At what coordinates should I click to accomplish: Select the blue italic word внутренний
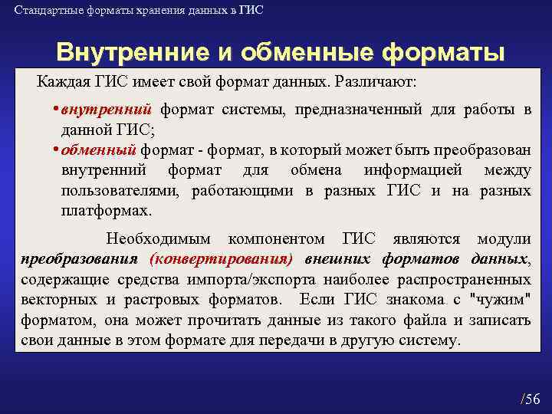[x=107, y=109]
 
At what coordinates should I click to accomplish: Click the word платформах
[x=107, y=209]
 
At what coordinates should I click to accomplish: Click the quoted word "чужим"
[x=500, y=299]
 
